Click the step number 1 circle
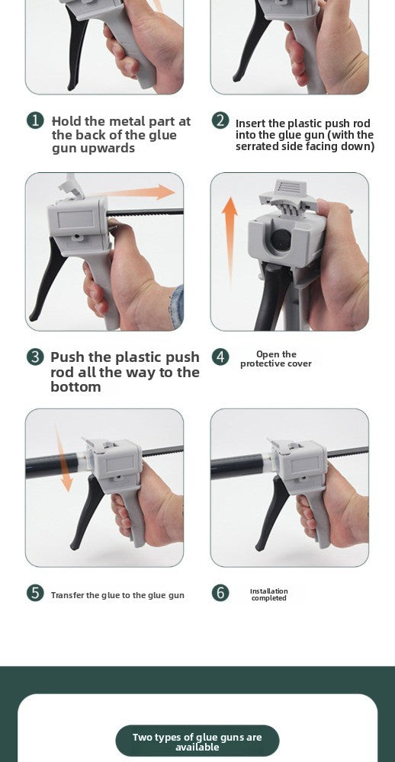[35, 120]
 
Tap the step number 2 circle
[220, 120]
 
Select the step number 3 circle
[35, 357]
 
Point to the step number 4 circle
[220, 357]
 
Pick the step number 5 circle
[35, 593]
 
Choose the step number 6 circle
[220, 593]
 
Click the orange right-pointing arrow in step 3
[131, 193]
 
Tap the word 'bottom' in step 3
[75, 387]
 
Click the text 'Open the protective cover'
[276, 359]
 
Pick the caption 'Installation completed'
[269, 595]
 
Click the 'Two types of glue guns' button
[197, 741]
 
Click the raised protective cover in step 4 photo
[284, 195]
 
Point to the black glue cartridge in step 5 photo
[53, 466]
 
